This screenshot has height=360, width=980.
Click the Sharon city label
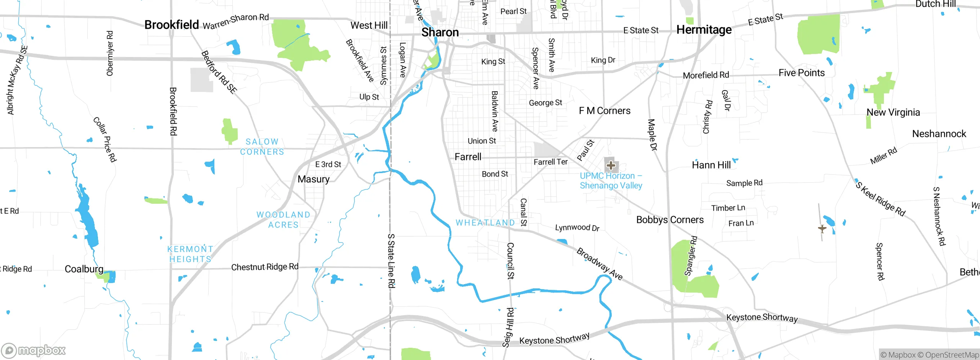coord(440,32)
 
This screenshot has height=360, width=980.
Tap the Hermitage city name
coord(704,29)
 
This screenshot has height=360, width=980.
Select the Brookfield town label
coord(171,25)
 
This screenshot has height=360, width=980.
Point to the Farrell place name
coord(468,157)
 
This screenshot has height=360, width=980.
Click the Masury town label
coord(314,179)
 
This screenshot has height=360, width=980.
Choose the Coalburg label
coord(84,269)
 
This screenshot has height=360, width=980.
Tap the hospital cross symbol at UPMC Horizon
coord(611,165)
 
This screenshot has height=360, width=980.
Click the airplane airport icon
coord(822,229)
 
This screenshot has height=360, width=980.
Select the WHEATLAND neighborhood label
coord(485,223)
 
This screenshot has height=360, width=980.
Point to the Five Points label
coord(801,73)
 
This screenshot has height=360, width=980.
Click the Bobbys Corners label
coord(670,220)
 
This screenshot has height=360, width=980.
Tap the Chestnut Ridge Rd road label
coord(265,267)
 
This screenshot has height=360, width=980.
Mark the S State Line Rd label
coord(391,260)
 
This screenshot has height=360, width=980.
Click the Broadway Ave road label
coord(599,264)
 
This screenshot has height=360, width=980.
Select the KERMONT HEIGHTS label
coord(190,254)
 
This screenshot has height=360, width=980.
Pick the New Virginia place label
coord(893,112)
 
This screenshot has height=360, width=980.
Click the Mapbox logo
coord(34,350)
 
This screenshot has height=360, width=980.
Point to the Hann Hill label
coord(711,165)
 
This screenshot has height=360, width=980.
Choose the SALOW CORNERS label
coord(262,147)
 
